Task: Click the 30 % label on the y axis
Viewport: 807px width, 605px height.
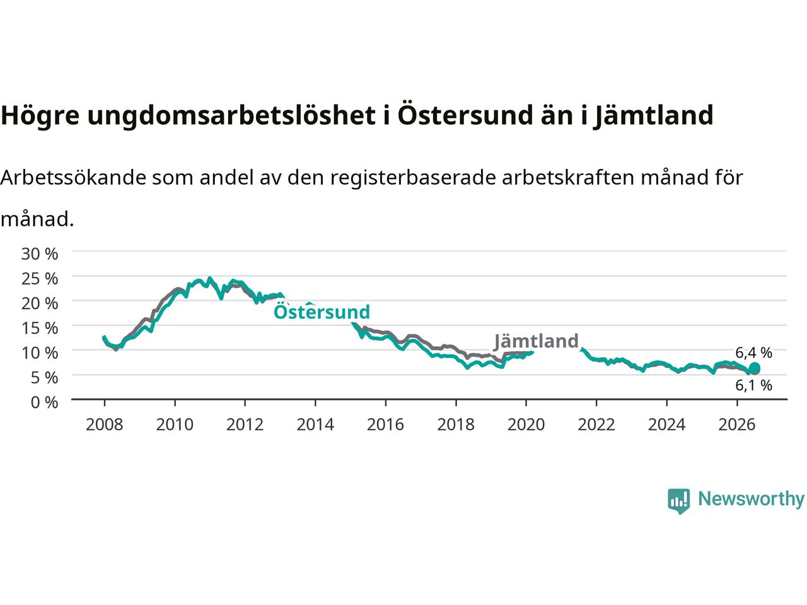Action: (39, 254)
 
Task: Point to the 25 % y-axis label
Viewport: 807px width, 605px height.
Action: (39, 279)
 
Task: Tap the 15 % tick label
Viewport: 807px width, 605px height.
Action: (39, 328)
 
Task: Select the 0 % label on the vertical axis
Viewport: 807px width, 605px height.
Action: (44, 403)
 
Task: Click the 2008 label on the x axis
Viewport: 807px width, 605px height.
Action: (105, 425)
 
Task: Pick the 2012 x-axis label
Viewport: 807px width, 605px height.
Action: (245, 425)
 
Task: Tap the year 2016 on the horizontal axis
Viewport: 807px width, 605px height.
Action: (385, 425)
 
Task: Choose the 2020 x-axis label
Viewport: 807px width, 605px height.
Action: (526, 425)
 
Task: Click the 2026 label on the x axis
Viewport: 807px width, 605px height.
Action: (737, 425)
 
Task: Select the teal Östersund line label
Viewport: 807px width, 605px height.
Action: (322, 311)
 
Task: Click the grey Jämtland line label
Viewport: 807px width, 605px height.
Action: (536, 341)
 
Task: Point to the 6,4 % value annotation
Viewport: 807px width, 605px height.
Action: (753, 353)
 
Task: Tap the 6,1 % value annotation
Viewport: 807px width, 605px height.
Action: (753, 385)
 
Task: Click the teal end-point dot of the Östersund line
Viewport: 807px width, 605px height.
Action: (755, 367)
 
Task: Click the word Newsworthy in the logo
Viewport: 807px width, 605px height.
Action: (751, 499)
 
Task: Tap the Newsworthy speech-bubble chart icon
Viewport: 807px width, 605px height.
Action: (678, 501)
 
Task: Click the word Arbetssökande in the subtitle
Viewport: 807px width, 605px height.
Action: (74, 178)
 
